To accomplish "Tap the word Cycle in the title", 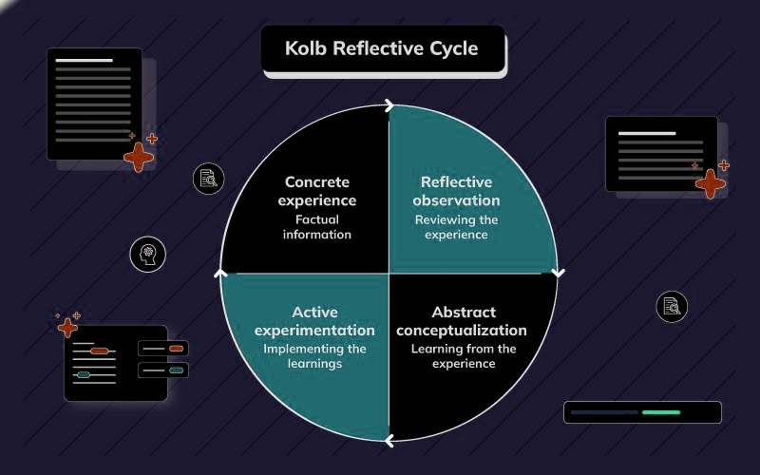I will coord(451,47).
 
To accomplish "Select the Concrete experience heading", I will coord(317,191).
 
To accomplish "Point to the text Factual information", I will coord(317,227).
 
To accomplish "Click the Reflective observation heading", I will coord(456,191).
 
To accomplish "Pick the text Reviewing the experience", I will coord(456,227).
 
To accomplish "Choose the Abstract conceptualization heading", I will coord(462,321).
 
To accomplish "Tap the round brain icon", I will coord(148,254).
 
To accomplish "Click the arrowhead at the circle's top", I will coord(389,105).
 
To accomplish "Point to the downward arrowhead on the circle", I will coord(558,273).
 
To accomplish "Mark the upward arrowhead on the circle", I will coord(220,274).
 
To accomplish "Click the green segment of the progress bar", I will coord(661,412).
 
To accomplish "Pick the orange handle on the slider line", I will coord(100,351).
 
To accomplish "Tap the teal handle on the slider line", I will coord(84,375).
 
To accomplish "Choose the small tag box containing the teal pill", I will coord(163,370).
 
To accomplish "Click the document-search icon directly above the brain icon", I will coord(208,178).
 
